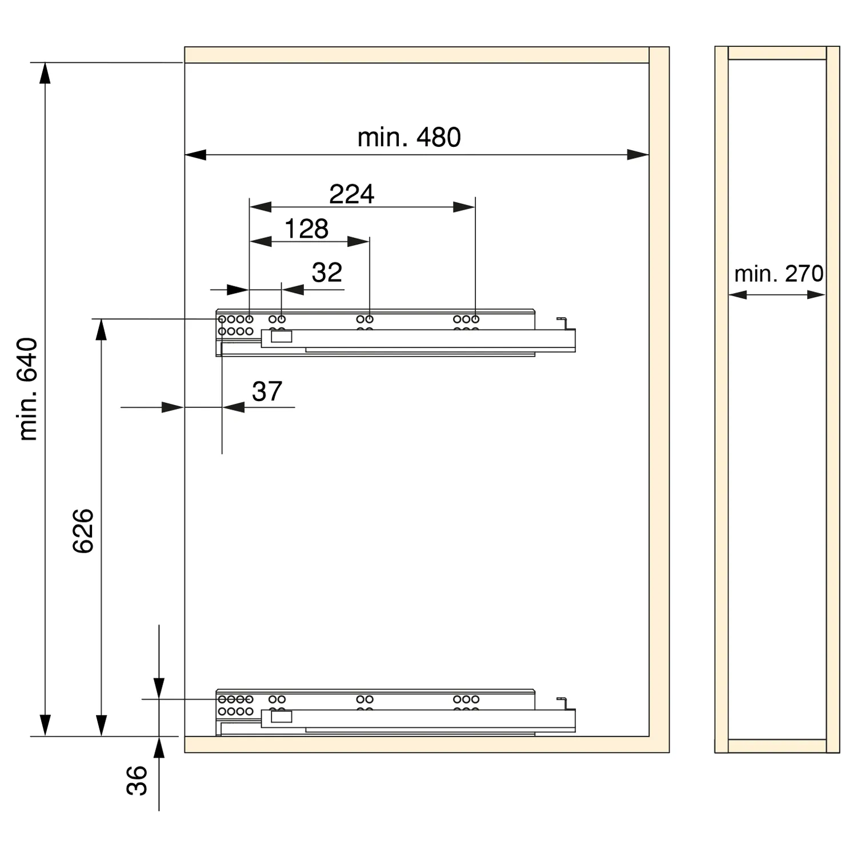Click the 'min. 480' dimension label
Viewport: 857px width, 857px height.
click(409, 138)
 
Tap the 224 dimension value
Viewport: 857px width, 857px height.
click(351, 194)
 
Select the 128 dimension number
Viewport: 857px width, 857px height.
click(306, 229)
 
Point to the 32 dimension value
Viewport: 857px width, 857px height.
click(327, 273)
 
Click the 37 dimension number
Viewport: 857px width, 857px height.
click(267, 391)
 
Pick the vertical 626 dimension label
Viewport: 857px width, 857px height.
click(83, 530)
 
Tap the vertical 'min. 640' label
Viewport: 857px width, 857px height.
click(27, 389)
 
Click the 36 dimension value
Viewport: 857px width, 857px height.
click(137, 780)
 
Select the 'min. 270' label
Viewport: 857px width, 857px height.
click(779, 274)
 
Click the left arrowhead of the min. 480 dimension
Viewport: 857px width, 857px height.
click(195, 154)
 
